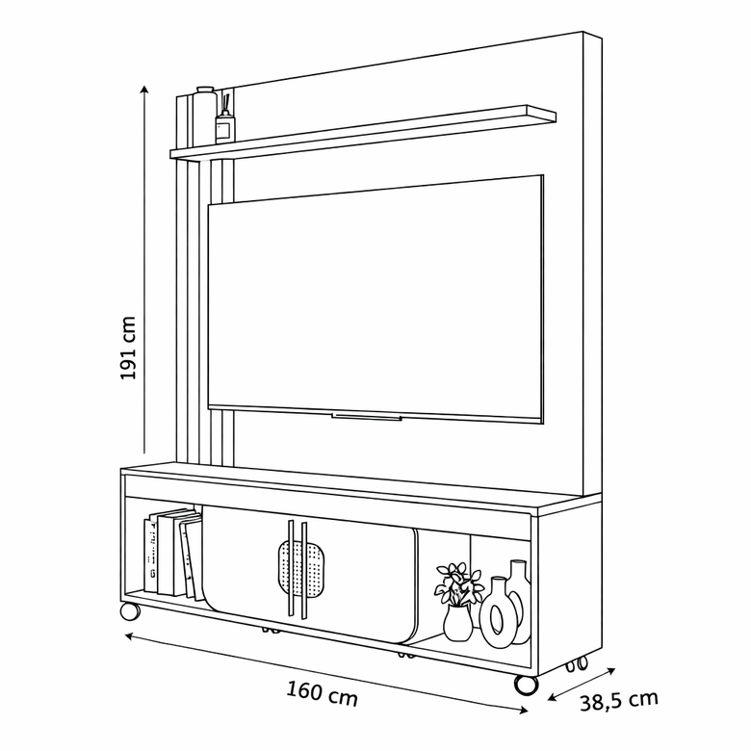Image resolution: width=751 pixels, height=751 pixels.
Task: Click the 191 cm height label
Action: tap(128, 349)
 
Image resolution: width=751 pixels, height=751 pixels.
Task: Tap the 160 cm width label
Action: tap(323, 694)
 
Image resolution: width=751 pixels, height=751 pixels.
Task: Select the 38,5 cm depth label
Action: tap(619, 701)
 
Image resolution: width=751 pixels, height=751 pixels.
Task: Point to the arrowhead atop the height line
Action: tap(144, 90)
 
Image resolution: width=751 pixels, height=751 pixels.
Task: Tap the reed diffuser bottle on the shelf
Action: tap(224, 125)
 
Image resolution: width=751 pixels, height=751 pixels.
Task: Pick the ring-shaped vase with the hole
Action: tap(499, 614)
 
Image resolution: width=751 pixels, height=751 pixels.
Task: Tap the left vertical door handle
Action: tap(290, 568)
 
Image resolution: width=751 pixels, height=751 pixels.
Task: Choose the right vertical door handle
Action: tap(304, 570)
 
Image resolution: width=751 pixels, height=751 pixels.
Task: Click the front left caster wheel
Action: tap(130, 611)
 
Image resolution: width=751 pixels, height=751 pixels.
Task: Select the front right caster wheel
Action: tap(526, 685)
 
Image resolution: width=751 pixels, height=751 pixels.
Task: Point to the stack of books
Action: tap(173, 553)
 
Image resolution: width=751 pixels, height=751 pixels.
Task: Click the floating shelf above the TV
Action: tap(363, 132)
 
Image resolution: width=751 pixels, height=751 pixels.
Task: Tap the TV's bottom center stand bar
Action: tap(367, 417)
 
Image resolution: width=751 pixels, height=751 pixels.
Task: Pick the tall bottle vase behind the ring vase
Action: tap(519, 601)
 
